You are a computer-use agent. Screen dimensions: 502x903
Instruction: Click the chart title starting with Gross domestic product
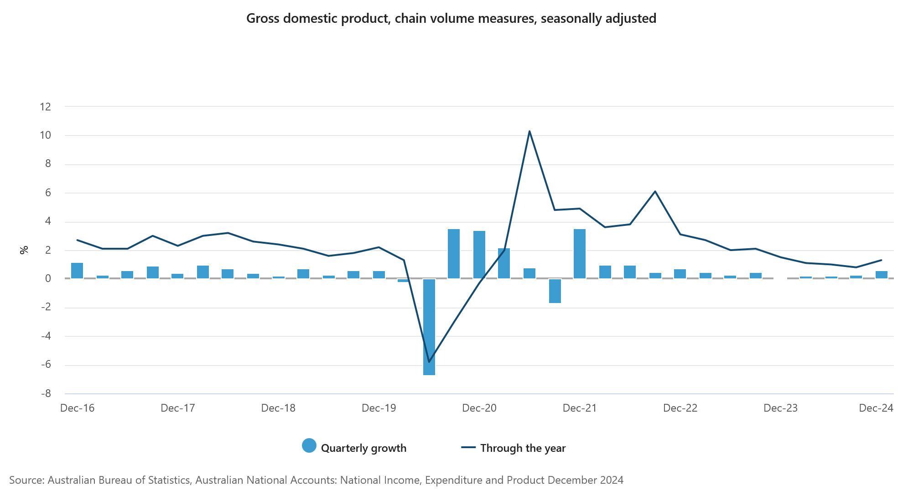click(x=451, y=18)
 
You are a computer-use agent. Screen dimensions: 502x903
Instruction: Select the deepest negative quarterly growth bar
click(x=429, y=327)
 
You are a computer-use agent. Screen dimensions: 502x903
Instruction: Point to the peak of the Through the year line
click(x=529, y=131)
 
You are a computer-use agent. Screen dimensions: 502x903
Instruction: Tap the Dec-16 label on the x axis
click(x=77, y=408)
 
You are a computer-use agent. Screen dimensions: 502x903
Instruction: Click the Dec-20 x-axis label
click(x=479, y=408)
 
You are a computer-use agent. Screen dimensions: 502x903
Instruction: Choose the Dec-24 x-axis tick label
click(x=876, y=408)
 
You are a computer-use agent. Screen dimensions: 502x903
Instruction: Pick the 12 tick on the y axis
click(x=46, y=107)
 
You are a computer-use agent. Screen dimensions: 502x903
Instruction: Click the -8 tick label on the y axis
click(x=46, y=393)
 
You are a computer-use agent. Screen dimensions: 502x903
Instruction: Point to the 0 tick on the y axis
click(x=48, y=278)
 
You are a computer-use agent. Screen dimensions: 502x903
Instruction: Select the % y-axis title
click(x=24, y=250)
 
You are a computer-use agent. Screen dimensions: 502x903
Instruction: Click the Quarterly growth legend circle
click(x=309, y=446)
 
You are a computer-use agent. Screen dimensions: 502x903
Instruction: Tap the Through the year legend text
click(x=523, y=448)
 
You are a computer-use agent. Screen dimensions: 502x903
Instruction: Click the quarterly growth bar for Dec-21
click(x=580, y=254)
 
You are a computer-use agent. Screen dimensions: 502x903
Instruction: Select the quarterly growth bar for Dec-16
click(x=77, y=271)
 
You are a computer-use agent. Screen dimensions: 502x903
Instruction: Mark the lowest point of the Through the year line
click(x=429, y=362)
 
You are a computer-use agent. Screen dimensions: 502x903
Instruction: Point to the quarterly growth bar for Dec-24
click(x=882, y=275)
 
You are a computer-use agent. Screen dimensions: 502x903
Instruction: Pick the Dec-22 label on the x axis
click(x=680, y=408)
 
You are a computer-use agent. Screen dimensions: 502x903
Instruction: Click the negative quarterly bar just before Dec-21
click(x=555, y=291)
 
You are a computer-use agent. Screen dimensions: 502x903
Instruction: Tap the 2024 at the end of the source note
click(x=612, y=480)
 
